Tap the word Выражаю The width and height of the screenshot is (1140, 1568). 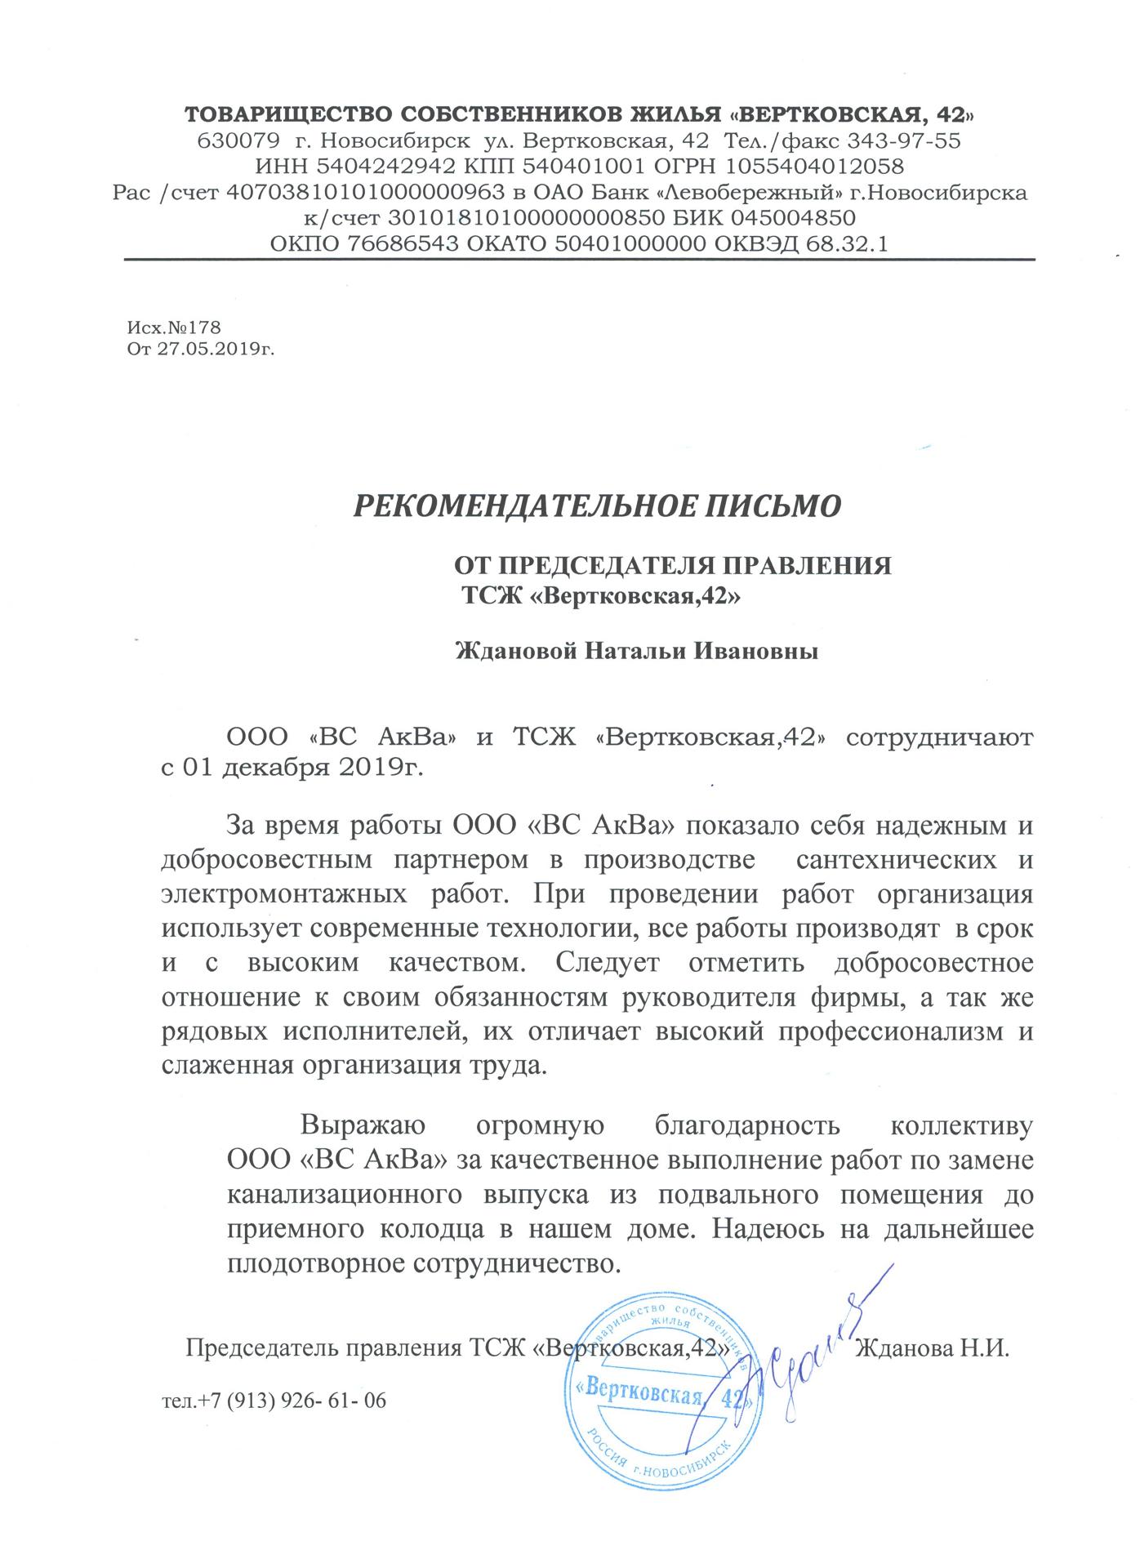[363, 1125]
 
